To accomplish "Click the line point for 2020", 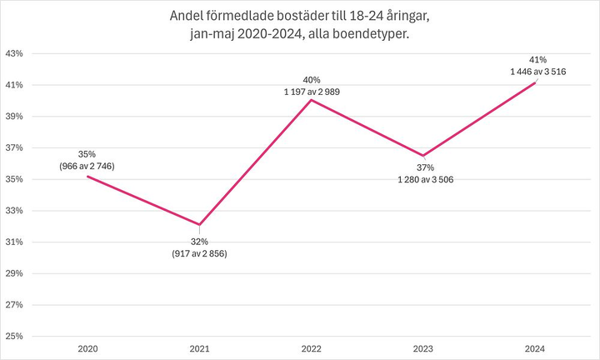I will pyautogui.click(x=87, y=176).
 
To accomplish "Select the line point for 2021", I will pyautogui.click(x=199, y=225).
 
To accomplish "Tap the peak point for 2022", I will pyautogui.click(x=311, y=100).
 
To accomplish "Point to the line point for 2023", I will pyautogui.click(x=423, y=156).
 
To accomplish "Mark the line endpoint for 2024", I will pyautogui.click(x=535, y=82).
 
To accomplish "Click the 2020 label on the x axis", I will pyautogui.click(x=87, y=349).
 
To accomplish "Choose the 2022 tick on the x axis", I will pyautogui.click(x=311, y=349).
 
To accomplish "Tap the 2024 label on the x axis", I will pyautogui.click(x=535, y=349).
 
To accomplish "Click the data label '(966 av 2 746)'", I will pyautogui.click(x=87, y=166).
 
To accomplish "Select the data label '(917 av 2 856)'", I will pyautogui.click(x=198, y=252).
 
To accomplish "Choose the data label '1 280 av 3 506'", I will pyautogui.click(x=425, y=179).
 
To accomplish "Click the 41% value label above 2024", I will pyautogui.click(x=537, y=60).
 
